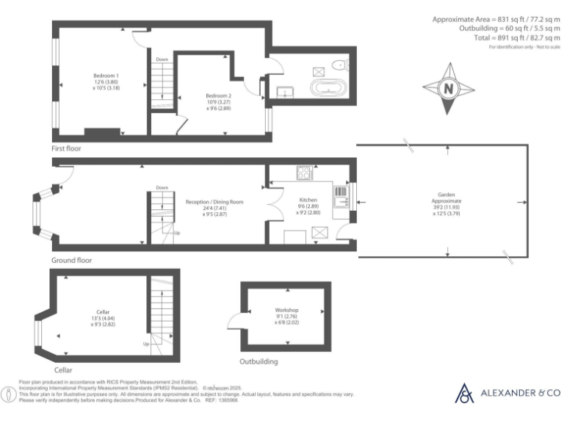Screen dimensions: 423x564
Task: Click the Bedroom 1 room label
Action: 106,76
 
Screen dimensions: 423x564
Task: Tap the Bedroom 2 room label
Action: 219,96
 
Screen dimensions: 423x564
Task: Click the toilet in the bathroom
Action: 339,65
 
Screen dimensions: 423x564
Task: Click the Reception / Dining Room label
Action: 214,202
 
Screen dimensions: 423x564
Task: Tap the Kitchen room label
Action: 307,200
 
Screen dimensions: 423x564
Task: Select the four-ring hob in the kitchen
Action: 305,174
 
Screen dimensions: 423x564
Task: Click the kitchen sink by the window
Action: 341,195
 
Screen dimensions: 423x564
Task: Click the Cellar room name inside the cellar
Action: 102,312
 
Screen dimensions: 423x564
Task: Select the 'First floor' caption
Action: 66,148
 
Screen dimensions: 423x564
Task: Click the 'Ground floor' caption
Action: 71,261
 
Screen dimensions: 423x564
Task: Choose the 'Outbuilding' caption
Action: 258,362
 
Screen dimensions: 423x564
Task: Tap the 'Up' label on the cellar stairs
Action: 145,344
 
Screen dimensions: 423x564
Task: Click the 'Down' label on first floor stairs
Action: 162,59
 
